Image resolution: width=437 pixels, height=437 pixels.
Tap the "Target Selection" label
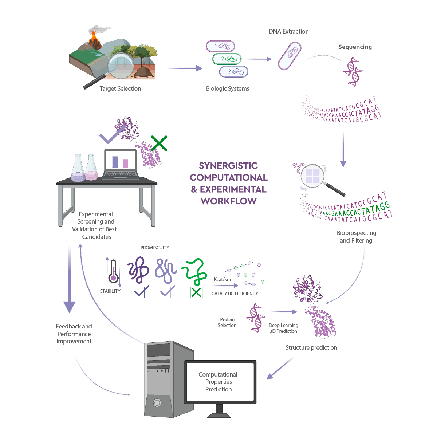pyautogui.click(x=120, y=88)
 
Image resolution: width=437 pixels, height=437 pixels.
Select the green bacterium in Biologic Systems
pyautogui.click(x=227, y=59)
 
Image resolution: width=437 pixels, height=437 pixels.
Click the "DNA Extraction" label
pyautogui.click(x=288, y=32)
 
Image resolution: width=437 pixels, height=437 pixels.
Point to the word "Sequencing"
pyautogui.click(x=355, y=47)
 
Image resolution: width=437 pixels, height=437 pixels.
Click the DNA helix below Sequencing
pyautogui.click(x=352, y=72)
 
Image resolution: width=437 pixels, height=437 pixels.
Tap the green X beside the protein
pyautogui.click(x=159, y=143)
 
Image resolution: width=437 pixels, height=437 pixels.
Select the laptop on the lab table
pyautogui.click(x=121, y=164)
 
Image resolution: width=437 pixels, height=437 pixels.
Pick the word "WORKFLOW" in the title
pyautogui.click(x=229, y=201)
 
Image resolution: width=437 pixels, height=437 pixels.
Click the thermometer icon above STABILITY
pyautogui.click(x=113, y=272)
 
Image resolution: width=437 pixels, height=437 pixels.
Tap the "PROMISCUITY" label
pyautogui.click(x=155, y=248)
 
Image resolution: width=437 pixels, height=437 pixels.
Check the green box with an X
pyautogui.click(x=197, y=292)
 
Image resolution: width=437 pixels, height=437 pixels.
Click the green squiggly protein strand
pyautogui.click(x=194, y=271)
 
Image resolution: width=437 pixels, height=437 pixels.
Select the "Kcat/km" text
pyautogui.click(x=222, y=279)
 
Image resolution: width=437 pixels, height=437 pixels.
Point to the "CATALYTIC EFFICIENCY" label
pyautogui.click(x=235, y=294)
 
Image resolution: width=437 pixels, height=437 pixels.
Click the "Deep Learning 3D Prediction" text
pyautogui.click(x=283, y=328)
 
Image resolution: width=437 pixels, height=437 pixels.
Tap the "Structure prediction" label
pyautogui.click(x=311, y=347)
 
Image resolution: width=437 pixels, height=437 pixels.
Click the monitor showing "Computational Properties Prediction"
pyautogui.click(x=220, y=382)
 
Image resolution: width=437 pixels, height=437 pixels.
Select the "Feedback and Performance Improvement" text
pyautogui.click(x=74, y=334)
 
